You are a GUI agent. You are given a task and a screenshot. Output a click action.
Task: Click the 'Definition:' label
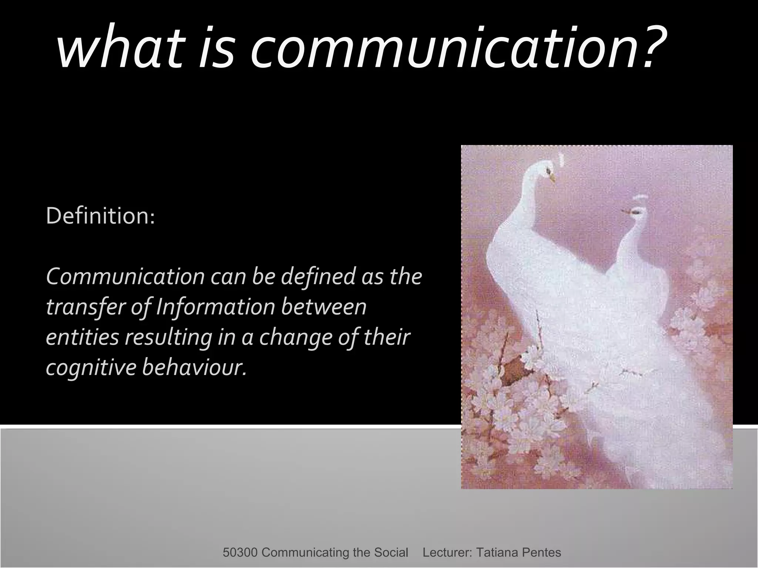[100, 216]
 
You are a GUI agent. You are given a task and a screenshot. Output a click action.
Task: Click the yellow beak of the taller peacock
[552, 179]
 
